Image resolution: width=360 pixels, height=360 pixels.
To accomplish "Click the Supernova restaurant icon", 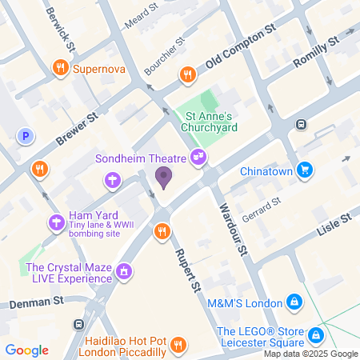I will click(60, 69).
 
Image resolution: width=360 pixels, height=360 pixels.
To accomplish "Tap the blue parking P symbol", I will click(26, 137).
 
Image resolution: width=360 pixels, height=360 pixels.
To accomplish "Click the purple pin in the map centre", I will click(163, 177).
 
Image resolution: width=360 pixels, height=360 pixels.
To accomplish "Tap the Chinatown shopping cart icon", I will click(304, 169).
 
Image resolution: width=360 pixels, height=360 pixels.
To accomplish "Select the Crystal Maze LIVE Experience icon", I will click(123, 272).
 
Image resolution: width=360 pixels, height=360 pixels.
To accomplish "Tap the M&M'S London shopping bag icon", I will click(295, 302).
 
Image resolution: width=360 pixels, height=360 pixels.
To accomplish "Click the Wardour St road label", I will click(232, 232).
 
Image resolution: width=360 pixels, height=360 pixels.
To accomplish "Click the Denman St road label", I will click(36, 302).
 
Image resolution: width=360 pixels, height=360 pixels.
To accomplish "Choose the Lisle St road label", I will click(334, 225).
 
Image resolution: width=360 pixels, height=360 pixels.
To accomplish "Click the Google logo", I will click(26, 350).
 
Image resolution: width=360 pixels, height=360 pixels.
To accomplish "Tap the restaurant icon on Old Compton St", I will click(187, 74).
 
